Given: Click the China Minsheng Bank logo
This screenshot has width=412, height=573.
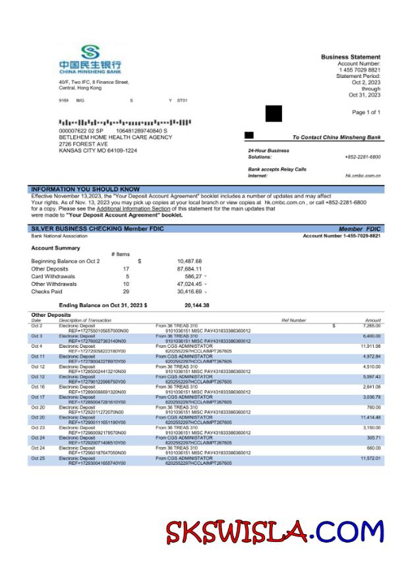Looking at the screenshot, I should tap(90, 57).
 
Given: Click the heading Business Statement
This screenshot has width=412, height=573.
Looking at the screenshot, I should tap(350, 57).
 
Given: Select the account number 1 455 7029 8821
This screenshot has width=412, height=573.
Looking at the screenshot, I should tap(360, 70).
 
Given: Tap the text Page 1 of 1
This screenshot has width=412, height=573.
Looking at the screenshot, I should tap(366, 112).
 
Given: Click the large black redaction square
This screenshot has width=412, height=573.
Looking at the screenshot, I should tap(274, 114).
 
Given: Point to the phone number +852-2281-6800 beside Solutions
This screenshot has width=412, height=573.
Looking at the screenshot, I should tap(363, 157).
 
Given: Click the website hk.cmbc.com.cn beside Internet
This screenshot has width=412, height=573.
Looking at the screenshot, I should tap(363, 176).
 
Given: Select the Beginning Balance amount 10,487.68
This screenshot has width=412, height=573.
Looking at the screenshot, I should tap(189, 261).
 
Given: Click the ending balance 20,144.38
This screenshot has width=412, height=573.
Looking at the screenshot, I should tap(196, 305).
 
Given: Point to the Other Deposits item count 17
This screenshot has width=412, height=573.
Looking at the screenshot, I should tap(126, 269).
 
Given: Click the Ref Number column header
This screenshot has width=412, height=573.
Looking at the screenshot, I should tap(294, 320).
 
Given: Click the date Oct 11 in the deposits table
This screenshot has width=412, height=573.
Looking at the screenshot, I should tap(38, 356).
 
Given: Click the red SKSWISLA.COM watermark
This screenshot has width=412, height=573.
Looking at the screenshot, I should tap(274, 531).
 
